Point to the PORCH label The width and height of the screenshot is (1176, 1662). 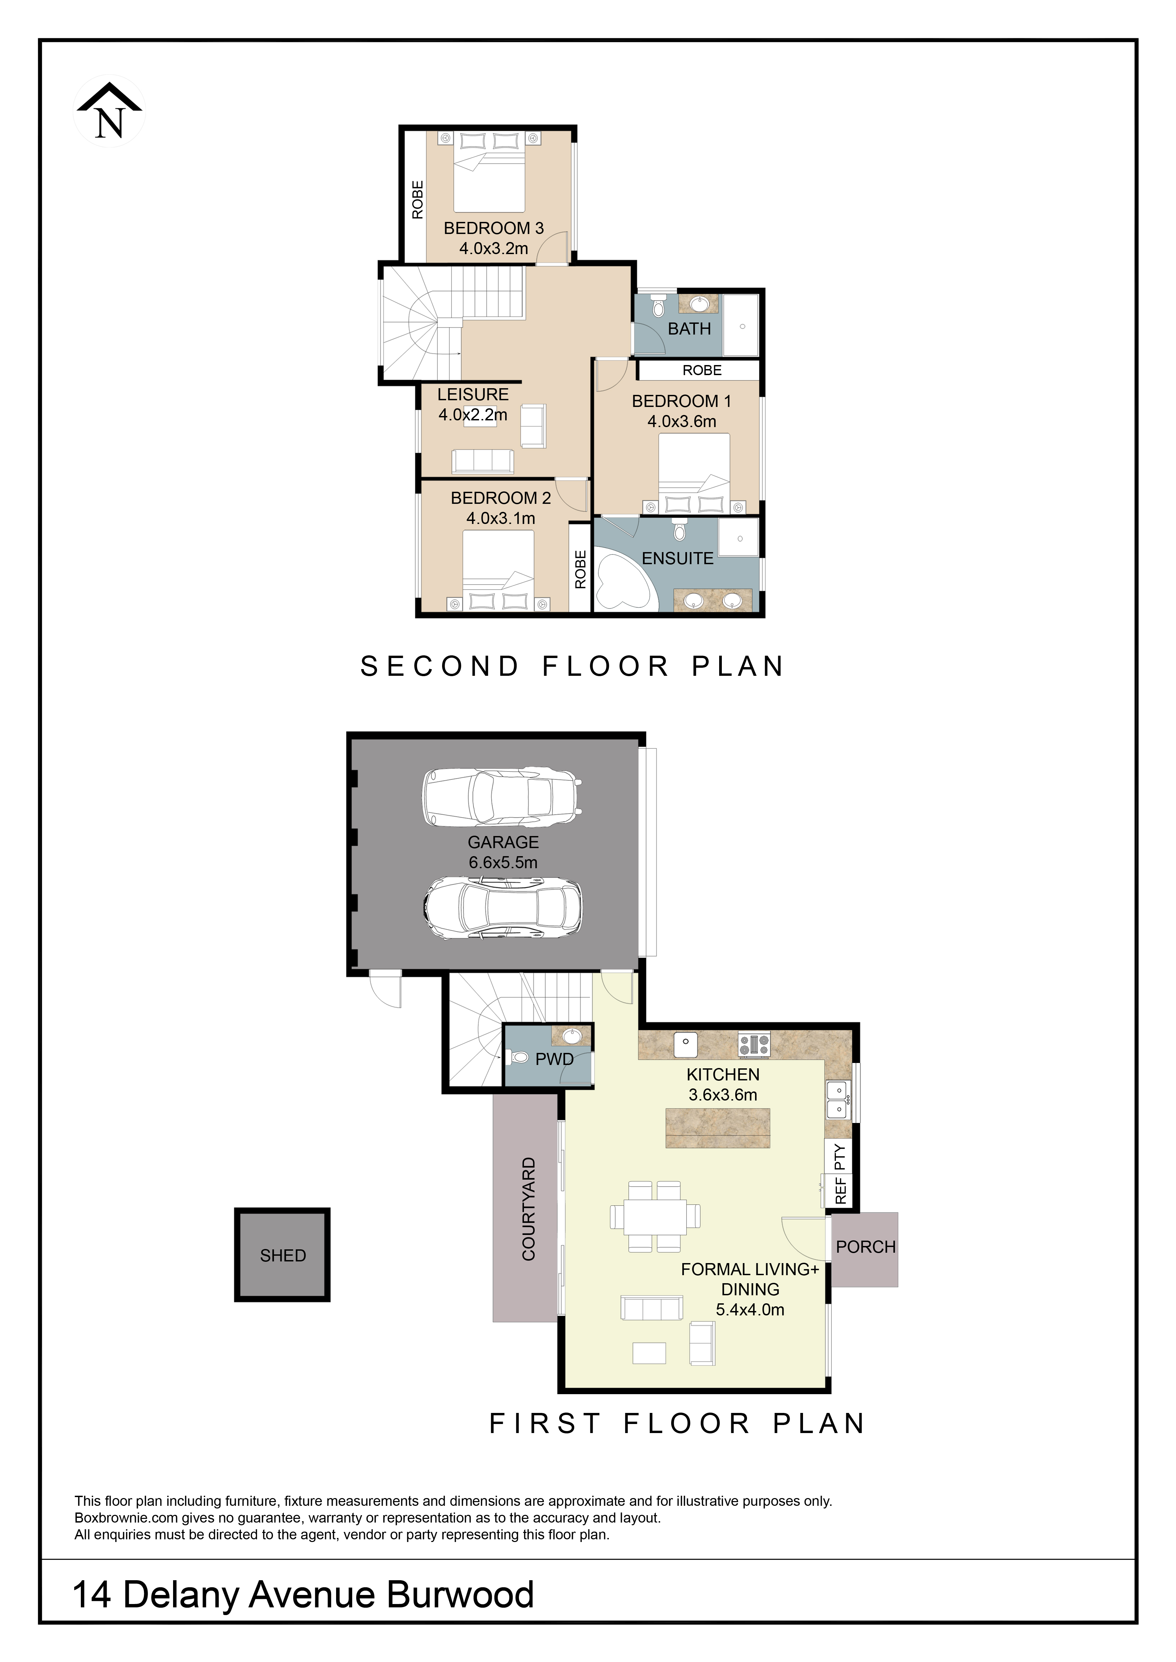point(865,1246)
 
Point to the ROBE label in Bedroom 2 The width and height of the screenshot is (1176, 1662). point(580,569)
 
